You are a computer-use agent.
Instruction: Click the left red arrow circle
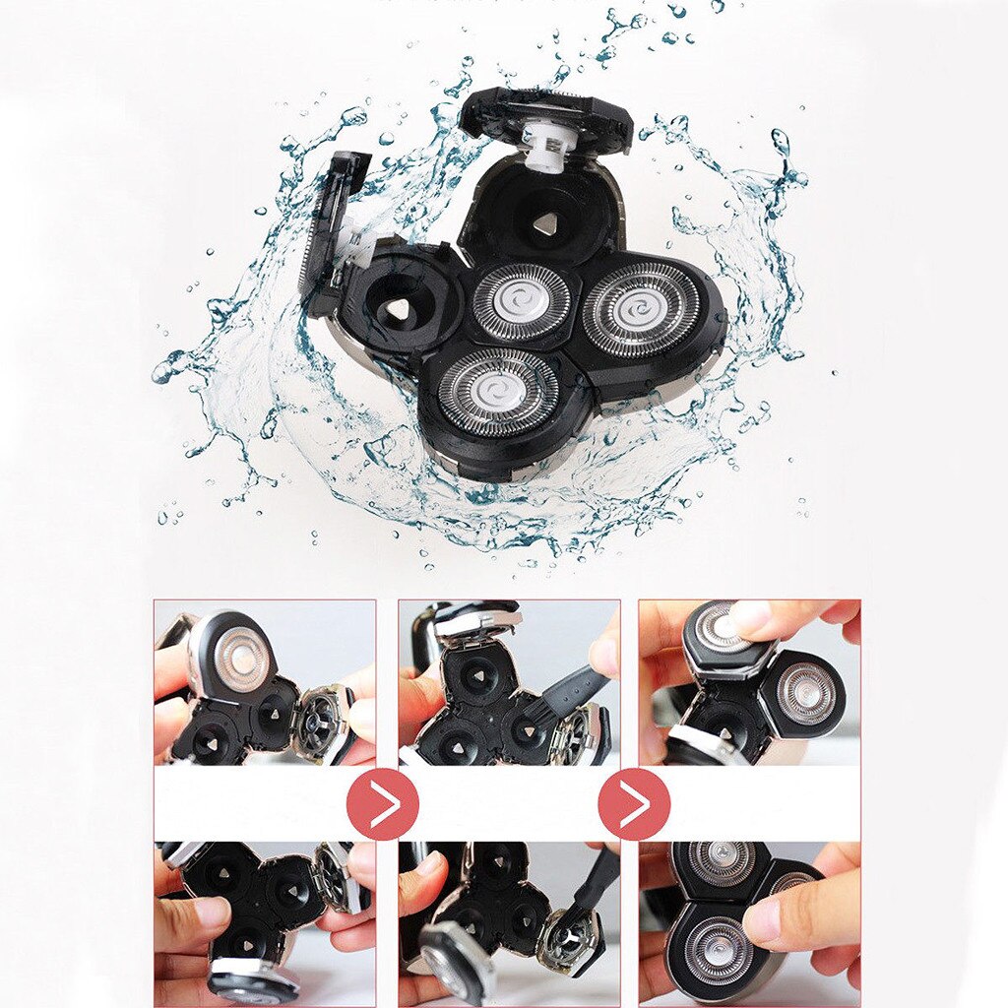point(383,804)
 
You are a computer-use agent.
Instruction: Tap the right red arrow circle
point(634,804)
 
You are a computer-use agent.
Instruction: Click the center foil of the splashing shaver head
point(521,302)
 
